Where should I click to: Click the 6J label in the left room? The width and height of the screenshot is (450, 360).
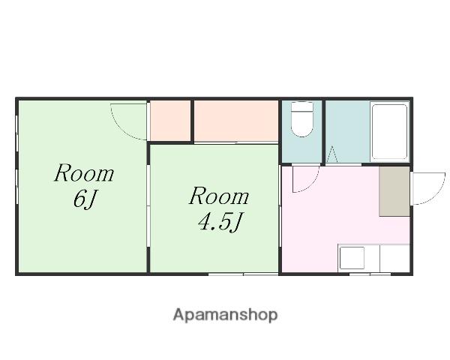(x=84, y=199)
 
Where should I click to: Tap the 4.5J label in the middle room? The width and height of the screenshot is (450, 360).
(x=220, y=222)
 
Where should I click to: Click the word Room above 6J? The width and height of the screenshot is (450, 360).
(x=84, y=172)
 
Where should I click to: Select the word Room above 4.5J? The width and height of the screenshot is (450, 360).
(x=219, y=196)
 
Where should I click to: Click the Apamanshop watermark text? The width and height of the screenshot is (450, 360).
(x=225, y=315)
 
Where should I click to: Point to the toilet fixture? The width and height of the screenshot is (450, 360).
(x=301, y=119)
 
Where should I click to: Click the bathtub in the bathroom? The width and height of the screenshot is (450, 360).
(x=389, y=132)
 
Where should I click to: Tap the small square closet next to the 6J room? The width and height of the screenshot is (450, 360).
(x=170, y=121)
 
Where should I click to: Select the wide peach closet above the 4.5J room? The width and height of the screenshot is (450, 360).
(x=236, y=121)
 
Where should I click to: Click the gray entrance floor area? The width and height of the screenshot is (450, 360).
(x=394, y=191)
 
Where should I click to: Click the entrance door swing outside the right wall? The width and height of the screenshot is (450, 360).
(x=429, y=188)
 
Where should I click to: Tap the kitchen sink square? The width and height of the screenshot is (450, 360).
(x=352, y=258)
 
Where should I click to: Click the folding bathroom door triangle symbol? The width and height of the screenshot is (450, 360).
(x=332, y=154)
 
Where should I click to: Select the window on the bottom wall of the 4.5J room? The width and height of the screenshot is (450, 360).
(x=243, y=274)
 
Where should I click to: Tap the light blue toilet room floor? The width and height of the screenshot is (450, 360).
(x=301, y=149)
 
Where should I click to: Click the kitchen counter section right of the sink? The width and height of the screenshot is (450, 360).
(x=395, y=258)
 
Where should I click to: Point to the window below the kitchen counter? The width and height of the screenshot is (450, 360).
(x=370, y=274)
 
